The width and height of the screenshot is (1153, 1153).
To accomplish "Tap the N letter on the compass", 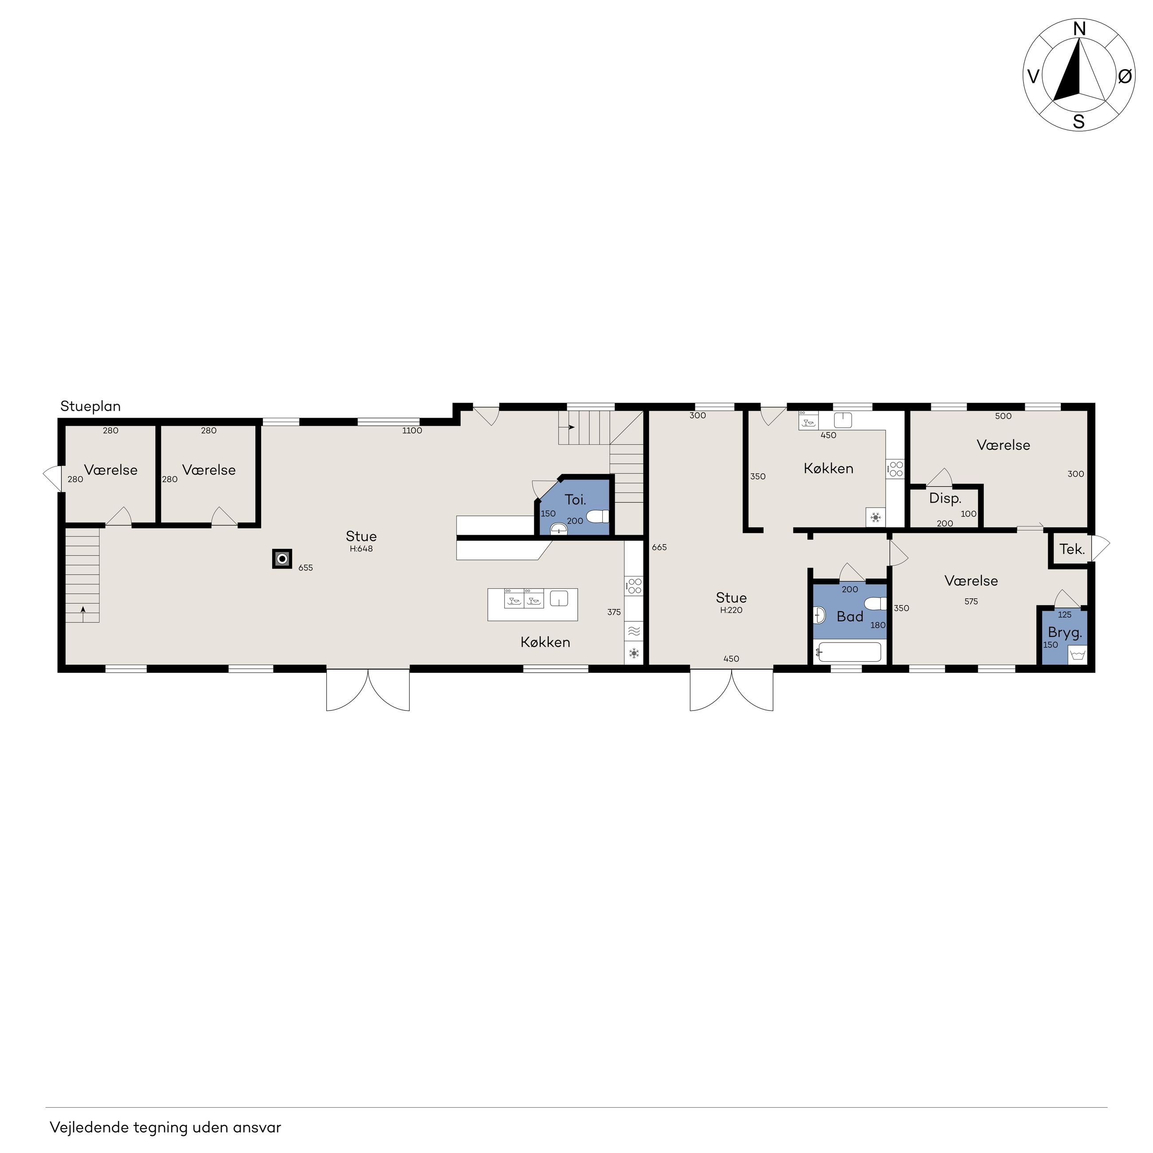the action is [x=1079, y=29].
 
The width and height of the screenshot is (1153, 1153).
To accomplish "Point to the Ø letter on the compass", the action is [x=1124, y=76].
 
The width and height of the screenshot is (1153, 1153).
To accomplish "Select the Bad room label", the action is [x=850, y=616].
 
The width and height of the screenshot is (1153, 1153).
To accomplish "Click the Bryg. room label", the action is [x=1065, y=633].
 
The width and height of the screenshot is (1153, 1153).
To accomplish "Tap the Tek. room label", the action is [x=1072, y=549].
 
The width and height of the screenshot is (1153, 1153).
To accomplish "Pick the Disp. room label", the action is [x=945, y=499].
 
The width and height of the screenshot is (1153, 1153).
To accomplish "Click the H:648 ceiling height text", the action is [x=361, y=549].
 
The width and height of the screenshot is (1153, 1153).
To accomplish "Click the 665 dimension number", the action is [x=659, y=547].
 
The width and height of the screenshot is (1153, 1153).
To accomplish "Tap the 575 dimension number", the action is [x=971, y=602].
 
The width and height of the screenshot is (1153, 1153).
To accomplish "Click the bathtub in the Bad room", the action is [x=849, y=652].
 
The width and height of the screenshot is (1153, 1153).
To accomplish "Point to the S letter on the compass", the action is [x=1079, y=122].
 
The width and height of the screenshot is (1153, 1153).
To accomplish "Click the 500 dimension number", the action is [x=1003, y=416].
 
